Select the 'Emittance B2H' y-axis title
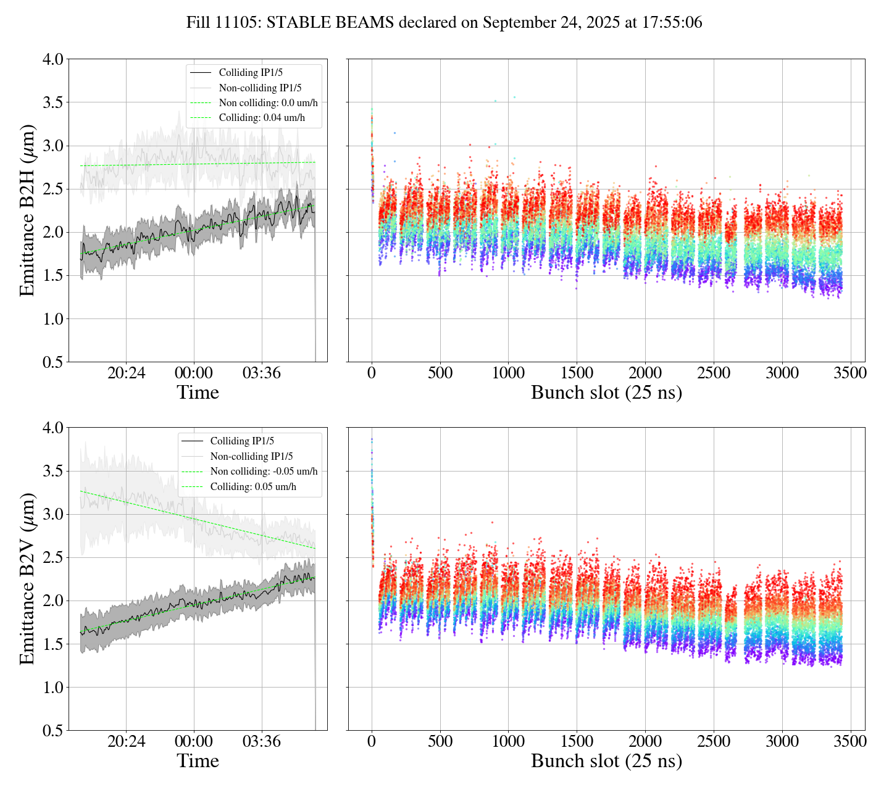point(27,210)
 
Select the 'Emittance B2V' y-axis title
point(27,579)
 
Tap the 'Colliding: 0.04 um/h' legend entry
point(262,118)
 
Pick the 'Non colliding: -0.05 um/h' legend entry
point(264,472)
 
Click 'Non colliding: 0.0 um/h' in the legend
point(268,103)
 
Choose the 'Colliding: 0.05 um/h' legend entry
point(253,487)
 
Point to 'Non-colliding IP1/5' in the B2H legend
point(260,88)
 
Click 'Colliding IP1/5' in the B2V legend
point(242,441)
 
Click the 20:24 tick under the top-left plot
point(126,373)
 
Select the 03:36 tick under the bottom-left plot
point(261,741)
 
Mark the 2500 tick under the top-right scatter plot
point(713,373)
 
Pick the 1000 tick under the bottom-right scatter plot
point(508,741)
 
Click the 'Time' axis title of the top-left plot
point(198,393)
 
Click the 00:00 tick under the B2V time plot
point(194,741)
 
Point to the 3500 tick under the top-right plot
point(850,373)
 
